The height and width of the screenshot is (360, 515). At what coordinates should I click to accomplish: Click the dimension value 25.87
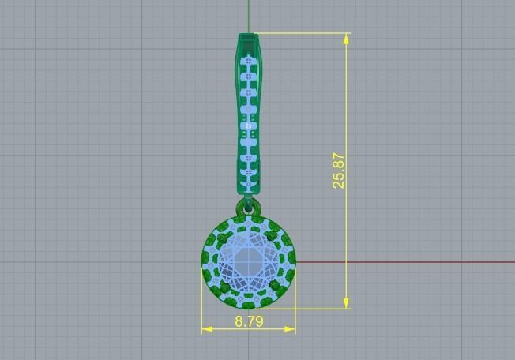click(339, 170)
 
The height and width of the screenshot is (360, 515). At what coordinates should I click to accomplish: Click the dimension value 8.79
click(249, 321)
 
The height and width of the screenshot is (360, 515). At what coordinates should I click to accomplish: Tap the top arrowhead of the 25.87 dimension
click(347, 38)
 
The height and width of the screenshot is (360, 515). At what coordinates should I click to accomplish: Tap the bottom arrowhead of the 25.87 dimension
click(347, 303)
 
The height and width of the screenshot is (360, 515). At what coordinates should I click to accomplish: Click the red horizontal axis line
click(395, 262)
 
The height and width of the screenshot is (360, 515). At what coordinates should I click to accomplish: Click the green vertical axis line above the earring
click(249, 16)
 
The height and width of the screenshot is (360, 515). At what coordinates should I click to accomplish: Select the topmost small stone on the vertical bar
click(249, 60)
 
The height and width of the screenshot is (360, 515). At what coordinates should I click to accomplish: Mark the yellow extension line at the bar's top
click(300, 33)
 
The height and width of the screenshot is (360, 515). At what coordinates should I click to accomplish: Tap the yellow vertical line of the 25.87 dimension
click(347, 237)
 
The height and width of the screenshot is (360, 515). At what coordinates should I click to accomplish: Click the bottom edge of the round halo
click(249, 307)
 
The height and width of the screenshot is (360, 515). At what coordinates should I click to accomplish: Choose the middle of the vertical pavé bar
click(249, 114)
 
